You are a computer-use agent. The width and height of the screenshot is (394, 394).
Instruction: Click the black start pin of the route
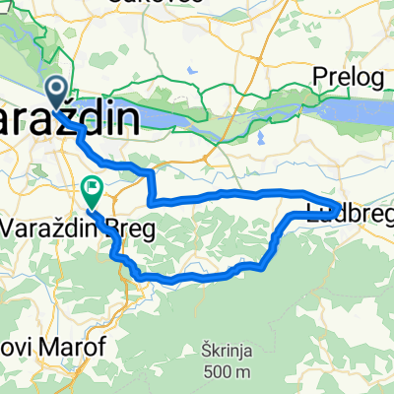(x=56, y=92)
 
